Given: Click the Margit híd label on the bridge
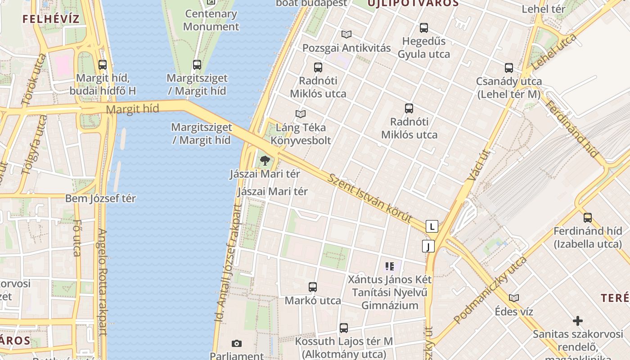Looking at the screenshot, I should click(x=133, y=109).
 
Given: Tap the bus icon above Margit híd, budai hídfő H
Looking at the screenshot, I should click(x=103, y=65).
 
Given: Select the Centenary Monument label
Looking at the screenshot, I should click(x=211, y=20).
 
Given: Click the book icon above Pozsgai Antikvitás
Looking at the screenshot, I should click(x=346, y=34).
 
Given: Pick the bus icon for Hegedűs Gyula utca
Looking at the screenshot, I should click(x=423, y=28).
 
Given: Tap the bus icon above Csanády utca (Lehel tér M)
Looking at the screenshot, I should click(x=509, y=68).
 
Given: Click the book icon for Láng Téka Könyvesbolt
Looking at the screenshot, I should click(x=301, y=114).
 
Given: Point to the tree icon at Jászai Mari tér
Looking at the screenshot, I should click(x=265, y=160).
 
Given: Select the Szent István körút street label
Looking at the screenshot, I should click(x=370, y=198).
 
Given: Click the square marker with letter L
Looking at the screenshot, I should click(x=432, y=226).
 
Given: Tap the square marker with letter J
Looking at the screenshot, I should click(x=428, y=246).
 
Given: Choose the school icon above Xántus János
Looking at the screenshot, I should click(x=390, y=266).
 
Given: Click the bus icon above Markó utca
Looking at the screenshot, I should click(x=313, y=287).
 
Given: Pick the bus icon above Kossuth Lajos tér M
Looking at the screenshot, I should click(x=344, y=328).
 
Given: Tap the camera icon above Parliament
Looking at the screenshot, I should click(x=237, y=344).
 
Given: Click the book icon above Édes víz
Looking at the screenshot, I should click(x=514, y=298).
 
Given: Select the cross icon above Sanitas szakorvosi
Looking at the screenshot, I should click(x=578, y=321).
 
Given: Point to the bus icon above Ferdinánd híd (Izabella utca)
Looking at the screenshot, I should click(x=587, y=218).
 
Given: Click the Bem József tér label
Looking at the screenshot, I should click(x=100, y=198).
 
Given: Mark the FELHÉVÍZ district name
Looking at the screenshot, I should click(x=51, y=19).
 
